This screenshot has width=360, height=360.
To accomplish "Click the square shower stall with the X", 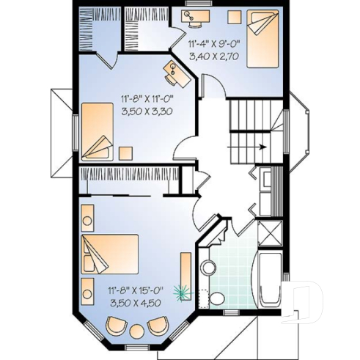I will coord(268,235).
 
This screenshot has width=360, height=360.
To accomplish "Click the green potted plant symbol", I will coord(180,293).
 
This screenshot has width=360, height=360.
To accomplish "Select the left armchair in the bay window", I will coord(115,325).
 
